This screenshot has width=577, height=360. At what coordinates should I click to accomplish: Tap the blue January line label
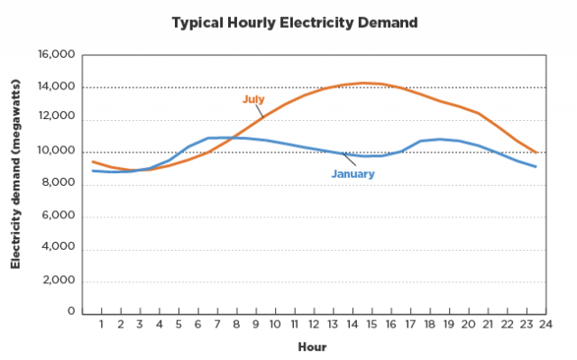(353, 173)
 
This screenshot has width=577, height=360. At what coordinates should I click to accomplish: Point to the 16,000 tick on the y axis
(57, 55)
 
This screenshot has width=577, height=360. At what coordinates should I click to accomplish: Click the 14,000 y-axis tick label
(57, 88)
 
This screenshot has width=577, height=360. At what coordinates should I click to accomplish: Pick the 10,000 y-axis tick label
(57, 152)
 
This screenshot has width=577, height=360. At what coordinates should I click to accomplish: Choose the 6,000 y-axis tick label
(60, 217)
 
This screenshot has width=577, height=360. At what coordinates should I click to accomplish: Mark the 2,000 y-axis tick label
(60, 282)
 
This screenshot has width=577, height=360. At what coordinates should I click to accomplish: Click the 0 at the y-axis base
(70, 312)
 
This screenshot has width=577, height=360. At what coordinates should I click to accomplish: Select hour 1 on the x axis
(102, 324)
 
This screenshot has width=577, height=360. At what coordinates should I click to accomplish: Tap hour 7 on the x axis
(216, 324)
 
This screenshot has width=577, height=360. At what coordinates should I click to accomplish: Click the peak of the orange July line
(364, 83)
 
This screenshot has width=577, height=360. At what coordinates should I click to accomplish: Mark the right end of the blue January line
(536, 167)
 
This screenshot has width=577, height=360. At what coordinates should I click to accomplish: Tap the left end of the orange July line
(93, 162)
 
